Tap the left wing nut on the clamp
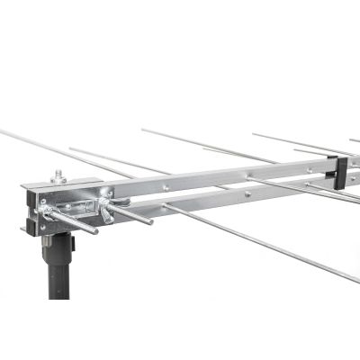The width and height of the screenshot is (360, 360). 46,213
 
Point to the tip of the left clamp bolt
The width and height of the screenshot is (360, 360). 94,231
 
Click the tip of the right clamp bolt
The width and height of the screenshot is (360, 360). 148,220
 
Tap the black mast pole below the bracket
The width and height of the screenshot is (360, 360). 60,270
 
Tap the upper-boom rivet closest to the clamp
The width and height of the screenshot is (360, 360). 165,187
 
